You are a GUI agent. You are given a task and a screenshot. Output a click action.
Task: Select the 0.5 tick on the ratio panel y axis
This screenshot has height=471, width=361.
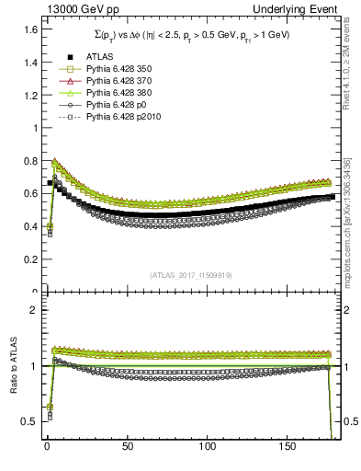point(28,421)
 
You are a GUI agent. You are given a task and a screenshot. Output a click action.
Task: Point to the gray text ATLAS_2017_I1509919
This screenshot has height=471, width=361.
point(191,275)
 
